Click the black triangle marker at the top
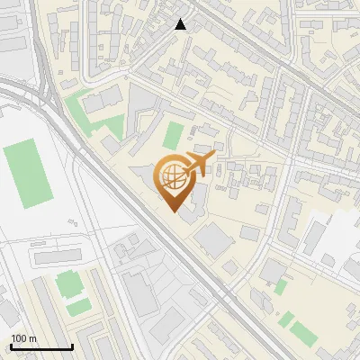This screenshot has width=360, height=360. (181, 24)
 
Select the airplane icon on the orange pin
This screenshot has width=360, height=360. (200, 163)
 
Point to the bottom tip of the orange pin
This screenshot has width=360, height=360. (172, 211)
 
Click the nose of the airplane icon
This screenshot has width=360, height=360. (214, 157)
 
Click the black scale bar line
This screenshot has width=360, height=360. (41, 347)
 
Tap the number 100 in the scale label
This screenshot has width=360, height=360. (20, 338)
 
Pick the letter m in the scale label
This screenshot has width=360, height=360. (32, 338)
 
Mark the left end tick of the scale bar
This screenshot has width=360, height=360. (11, 346)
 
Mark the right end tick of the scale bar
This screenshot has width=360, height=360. (72, 346)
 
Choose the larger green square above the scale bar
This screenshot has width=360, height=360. (68, 284)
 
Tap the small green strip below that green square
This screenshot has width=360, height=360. (78, 307)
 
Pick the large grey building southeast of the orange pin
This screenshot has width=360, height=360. (215, 239)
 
